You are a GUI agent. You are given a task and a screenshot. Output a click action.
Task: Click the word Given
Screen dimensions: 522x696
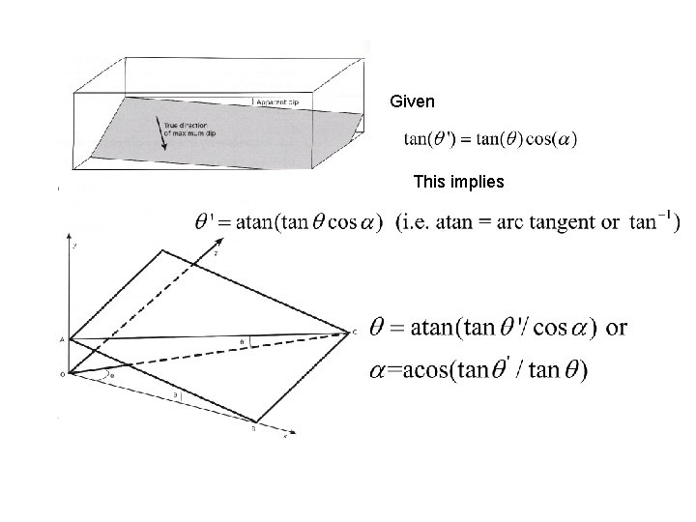[x=413, y=101]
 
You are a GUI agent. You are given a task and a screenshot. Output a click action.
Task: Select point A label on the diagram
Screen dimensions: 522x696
[x=61, y=340]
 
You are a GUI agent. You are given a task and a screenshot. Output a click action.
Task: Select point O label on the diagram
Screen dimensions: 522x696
[x=61, y=374]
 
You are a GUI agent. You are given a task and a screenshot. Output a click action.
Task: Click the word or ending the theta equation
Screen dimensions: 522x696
[x=615, y=327]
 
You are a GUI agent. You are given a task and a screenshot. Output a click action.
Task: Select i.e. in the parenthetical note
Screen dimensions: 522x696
[x=417, y=223]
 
